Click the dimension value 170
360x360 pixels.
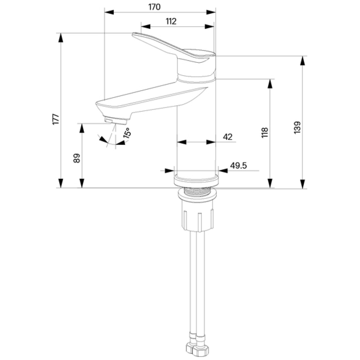pyautogui.click(x=154, y=7)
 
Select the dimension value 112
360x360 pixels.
pyautogui.click(x=171, y=22)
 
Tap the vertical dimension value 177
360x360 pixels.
pyautogui.click(x=56, y=119)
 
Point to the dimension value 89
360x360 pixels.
pyautogui.click(x=76, y=158)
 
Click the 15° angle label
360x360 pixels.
pyautogui.click(x=127, y=133)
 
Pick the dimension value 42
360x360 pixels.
pyautogui.click(x=227, y=137)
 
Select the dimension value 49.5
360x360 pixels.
pyautogui.click(x=238, y=165)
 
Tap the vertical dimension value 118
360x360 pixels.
pyautogui.click(x=265, y=133)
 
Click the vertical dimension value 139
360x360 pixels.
pyautogui.click(x=297, y=127)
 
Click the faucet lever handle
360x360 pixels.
pyautogui.click(x=174, y=49)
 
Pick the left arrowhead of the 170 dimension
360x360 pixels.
pyautogui.click(x=109, y=12)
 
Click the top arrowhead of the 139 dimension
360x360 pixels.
pyautogui.click(x=302, y=61)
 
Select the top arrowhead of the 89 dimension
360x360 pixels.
pyautogui.click(x=82, y=128)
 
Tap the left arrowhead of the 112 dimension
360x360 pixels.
pyautogui.click(x=145, y=26)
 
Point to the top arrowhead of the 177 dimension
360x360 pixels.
pyautogui.click(x=61, y=38)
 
